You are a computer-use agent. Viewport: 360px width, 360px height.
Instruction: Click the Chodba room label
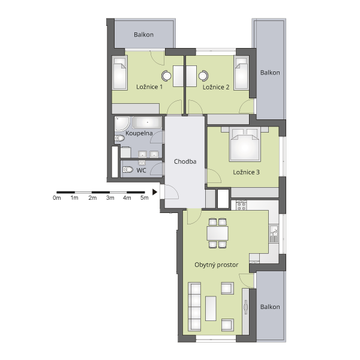(185, 161)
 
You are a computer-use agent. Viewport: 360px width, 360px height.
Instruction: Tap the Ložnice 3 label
(246, 172)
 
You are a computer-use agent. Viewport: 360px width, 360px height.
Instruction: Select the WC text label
(141, 170)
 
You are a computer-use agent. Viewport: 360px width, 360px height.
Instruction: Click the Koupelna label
(139, 133)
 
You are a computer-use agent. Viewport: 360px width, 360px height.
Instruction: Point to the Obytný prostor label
(216, 265)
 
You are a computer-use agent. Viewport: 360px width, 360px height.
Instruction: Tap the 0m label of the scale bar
(57, 197)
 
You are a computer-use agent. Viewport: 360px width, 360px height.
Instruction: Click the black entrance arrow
(155, 192)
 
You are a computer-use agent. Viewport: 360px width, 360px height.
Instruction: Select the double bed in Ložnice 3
(245, 144)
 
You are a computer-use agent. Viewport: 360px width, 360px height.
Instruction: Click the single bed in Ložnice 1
(119, 73)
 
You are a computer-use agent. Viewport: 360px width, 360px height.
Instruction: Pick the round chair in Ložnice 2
(203, 76)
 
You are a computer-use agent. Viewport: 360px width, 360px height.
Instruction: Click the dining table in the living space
(217, 233)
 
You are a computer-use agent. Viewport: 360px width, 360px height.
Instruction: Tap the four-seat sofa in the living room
(194, 307)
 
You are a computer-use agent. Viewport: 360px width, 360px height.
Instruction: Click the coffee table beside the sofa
(211, 308)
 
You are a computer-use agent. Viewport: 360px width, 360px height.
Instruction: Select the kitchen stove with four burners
(241, 205)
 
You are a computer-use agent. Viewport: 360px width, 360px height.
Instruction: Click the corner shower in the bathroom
(122, 124)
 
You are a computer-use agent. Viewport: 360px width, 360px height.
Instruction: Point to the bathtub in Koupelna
(147, 122)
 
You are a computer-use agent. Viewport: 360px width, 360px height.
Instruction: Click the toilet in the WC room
(128, 170)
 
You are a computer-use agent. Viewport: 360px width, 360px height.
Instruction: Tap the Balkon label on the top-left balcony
(143, 35)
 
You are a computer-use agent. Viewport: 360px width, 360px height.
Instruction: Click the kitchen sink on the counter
(274, 233)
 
